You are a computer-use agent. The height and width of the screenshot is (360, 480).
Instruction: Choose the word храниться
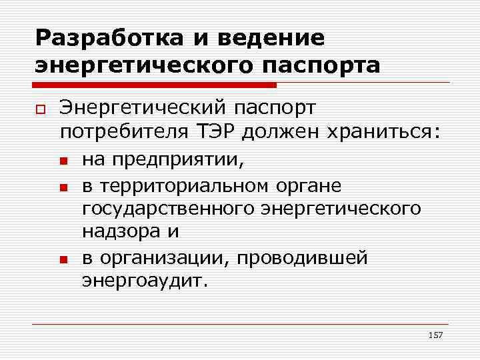click(x=382, y=131)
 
